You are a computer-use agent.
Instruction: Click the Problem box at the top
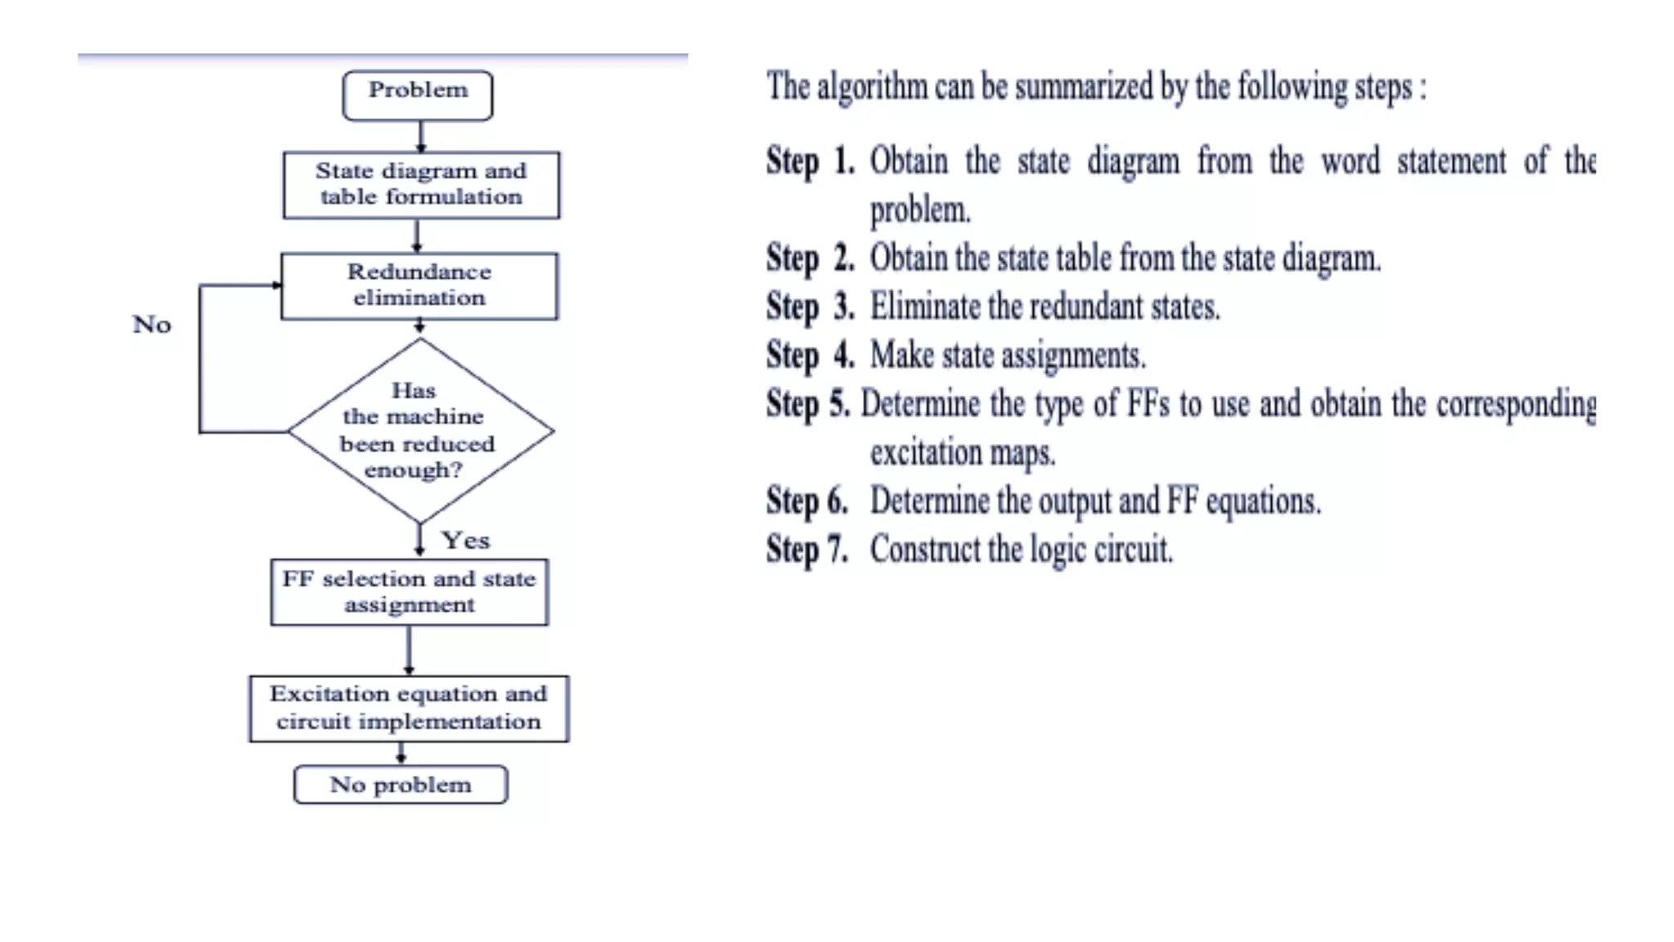[x=418, y=95]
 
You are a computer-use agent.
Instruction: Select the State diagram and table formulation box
[x=421, y=185]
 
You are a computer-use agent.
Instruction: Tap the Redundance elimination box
[x=419, y=285]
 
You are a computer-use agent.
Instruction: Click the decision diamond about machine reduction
[x=420, y=431]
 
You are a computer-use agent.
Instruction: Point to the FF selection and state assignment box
[x=409, y=592]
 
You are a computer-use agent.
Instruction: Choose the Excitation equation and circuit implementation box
[x=409, y=708]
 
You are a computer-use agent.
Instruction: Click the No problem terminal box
[x=401, y=784]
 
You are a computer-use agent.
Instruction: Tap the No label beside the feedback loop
[x=152, y=325]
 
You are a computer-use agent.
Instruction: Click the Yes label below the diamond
[x=466, y=541]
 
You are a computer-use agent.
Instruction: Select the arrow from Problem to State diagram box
[x=421, y=137]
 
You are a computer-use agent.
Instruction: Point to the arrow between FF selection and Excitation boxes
[x=409, y=650]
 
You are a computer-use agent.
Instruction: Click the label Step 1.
[x=809, y=161]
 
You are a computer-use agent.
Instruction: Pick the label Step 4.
[x=809, y=356]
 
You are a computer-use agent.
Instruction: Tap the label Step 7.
[x=807, y=549]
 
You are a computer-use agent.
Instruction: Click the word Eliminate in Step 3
[x=924, y=307]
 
